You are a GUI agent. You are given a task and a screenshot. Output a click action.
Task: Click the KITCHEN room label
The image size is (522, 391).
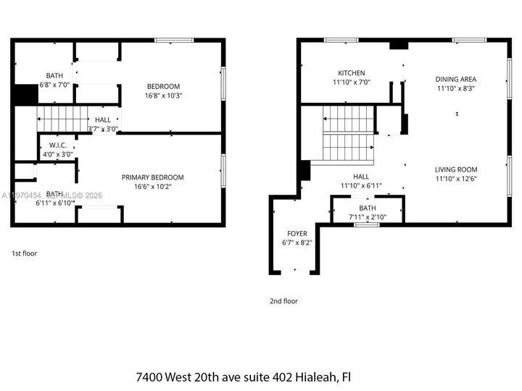pyautogui.click(x=351, y=73)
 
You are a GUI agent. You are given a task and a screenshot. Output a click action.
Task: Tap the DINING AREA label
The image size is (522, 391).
pyautogui.click(x=455, y=79)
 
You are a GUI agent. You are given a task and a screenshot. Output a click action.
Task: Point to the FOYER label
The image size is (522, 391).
pyautogui.click(x=297, y=234)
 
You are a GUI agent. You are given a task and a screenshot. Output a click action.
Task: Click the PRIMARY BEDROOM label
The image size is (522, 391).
pyautogui.click(x=152, y=177)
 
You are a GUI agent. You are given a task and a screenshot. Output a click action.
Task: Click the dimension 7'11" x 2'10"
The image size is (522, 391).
pyautogui.click(x=368, y=216)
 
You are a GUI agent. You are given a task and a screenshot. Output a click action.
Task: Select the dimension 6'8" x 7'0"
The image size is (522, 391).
pyautogui.click(x=54, y=85)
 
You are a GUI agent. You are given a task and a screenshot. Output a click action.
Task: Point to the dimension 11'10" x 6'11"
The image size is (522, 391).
pyautogui.click(x=361, y=185)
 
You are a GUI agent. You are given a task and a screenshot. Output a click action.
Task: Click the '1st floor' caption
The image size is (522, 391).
pyautogui.click(x=24, y=253)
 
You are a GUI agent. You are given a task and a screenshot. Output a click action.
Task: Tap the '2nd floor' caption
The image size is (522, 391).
pyautogui.click(x=283, y=301)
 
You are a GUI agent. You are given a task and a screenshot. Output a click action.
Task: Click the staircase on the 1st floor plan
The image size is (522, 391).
pyautogui.click(x=61, y=116)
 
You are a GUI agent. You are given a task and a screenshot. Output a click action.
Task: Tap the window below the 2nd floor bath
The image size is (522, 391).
pyautogui.click(x=367, y=224)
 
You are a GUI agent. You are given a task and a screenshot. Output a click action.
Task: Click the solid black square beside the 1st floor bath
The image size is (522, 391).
pyautogui.click(x=25, y=95)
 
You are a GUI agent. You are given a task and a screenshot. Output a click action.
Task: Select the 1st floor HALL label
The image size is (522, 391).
pyautogui.click(x=103, y=120)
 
